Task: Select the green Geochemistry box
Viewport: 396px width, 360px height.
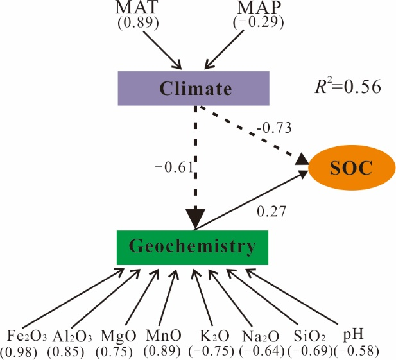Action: click(193, 246)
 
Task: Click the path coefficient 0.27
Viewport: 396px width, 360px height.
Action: click(271, 210)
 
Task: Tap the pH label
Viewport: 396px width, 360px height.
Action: click(354, 335)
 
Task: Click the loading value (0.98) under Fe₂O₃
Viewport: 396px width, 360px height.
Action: click(21, 351)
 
